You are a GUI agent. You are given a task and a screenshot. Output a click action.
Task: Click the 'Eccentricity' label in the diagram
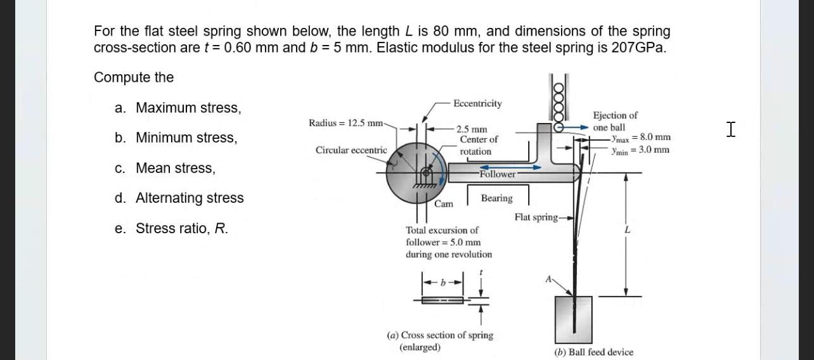coord(477,103)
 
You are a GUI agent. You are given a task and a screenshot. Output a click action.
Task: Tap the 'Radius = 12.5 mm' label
coord(346,122)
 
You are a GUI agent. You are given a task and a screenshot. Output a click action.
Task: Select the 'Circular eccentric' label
coord(351,150)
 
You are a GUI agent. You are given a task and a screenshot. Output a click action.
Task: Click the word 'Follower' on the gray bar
coord(497,174)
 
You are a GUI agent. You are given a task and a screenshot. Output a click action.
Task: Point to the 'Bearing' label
coord(496,198)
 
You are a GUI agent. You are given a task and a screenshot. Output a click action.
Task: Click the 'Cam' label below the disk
coord(444,204)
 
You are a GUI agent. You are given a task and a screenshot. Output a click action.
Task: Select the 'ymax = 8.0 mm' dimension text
coord(640,138)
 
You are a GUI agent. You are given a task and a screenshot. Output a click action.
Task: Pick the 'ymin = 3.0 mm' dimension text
coord(640,150)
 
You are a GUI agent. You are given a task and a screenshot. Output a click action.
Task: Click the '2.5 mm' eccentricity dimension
coord(472,129)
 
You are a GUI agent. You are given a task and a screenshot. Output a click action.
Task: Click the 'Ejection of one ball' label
coord(614,121)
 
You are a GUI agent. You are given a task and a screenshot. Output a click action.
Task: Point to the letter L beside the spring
coord(627,231)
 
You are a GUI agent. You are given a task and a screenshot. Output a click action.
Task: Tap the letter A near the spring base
coord(549,278)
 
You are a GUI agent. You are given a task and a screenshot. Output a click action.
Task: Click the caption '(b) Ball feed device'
coord(593,352)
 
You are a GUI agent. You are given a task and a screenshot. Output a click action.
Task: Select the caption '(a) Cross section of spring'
coord(439,335)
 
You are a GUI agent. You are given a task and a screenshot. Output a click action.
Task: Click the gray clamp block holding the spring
coord(573,319)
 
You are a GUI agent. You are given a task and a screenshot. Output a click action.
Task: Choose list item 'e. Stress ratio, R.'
coord(171,228)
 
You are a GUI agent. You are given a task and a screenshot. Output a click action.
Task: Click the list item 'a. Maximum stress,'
coord(178,108)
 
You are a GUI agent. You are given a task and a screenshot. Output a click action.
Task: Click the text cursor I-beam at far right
coord(731,130)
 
